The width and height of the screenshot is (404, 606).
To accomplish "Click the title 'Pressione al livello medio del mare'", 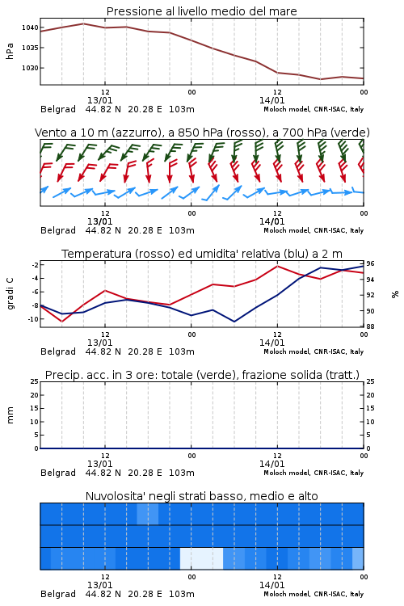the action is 201,11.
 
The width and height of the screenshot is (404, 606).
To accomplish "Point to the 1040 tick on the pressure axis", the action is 30,27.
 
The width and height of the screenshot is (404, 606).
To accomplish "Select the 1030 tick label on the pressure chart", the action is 30,68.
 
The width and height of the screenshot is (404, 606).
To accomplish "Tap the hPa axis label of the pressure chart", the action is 10,51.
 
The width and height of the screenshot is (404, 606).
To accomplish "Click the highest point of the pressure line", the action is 83,23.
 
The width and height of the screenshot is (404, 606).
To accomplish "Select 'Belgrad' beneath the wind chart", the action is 58,230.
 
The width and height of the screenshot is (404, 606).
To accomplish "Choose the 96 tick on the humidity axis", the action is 370,263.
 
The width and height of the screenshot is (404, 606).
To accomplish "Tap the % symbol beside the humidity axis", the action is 395,294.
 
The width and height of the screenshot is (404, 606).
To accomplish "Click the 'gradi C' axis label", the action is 10,294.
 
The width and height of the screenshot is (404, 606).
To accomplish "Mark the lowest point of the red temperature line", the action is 62,321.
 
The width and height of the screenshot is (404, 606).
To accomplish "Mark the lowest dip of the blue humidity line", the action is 234,322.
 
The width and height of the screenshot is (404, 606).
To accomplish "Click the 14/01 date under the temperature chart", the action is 271,343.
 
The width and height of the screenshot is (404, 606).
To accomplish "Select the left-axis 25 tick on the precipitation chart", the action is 35,381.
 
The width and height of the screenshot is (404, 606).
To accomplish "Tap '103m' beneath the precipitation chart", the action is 182,473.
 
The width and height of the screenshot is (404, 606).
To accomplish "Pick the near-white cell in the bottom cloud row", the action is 201,558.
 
